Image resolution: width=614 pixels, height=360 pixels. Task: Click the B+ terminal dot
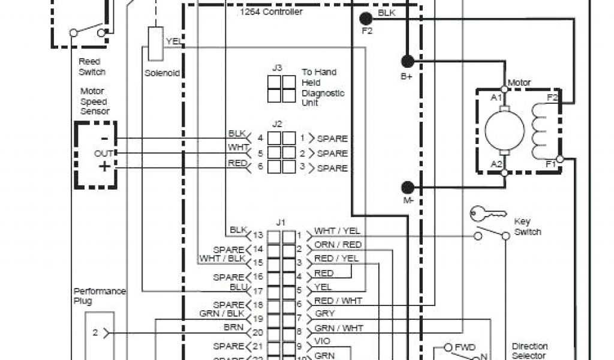click(408, 61)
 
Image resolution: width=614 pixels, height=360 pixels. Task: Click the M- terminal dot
click(408, 187)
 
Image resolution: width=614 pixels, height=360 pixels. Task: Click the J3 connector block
click(281, 88)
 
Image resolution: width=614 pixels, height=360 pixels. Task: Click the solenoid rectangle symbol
click(155, 43)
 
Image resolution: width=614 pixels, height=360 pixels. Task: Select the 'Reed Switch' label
click(91, 67)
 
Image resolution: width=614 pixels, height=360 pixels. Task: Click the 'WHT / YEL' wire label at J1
click(337, 230)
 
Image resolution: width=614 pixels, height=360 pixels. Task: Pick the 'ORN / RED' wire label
click(338, 245)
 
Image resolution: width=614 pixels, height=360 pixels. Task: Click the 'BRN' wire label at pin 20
click(233, 328)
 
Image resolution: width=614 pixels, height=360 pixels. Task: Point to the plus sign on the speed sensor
click(104, 167)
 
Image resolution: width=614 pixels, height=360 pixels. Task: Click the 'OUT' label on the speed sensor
click(103, 154)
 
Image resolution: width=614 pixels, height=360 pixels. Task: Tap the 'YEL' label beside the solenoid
click(173, 41)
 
